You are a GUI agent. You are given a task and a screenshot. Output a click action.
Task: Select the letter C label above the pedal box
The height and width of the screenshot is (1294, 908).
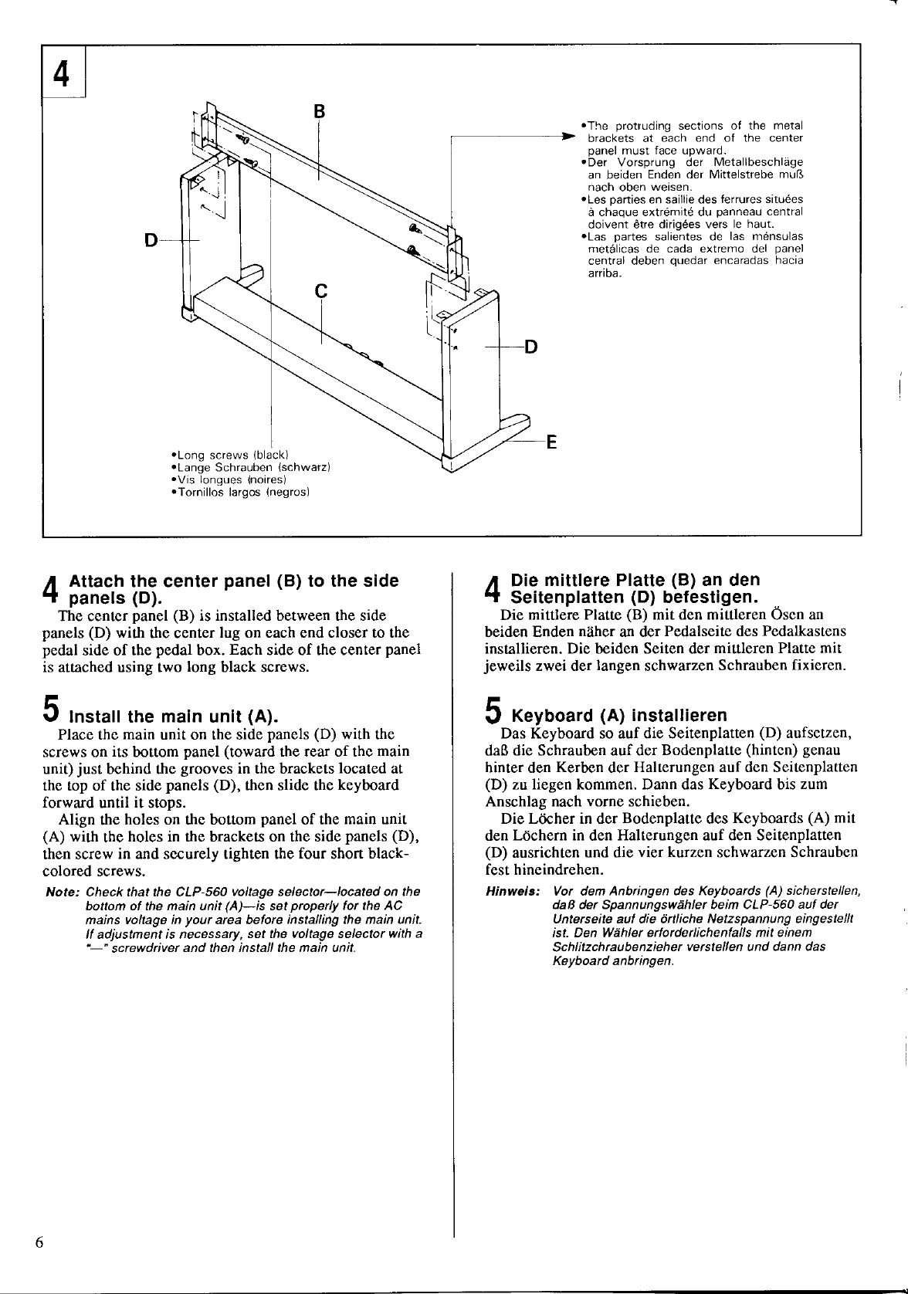coord(321,291)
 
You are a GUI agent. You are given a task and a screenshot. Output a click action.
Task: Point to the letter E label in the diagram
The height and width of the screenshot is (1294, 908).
coord(551,442)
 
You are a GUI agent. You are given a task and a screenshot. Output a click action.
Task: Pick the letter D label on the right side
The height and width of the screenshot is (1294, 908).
coord(530,347)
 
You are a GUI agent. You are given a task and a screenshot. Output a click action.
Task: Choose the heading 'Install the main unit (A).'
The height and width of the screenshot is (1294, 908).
coord(174,715)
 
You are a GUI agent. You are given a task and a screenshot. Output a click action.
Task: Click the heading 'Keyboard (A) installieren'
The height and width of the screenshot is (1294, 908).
coord(620,715)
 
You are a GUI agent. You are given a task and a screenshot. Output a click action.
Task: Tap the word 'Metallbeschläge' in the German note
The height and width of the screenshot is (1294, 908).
coord(758,162)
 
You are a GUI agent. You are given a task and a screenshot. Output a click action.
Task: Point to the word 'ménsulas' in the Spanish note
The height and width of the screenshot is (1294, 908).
coord(778,236)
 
